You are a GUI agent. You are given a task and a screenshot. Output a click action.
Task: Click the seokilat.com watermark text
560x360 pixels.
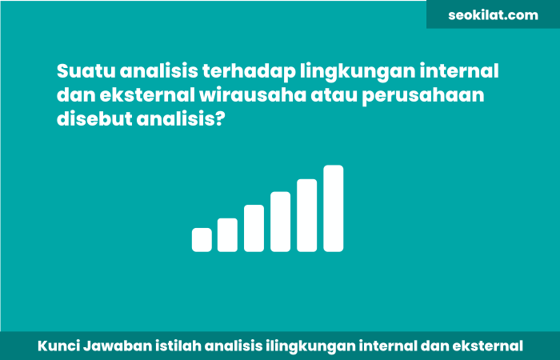pyautogui.click(x=494, y=14)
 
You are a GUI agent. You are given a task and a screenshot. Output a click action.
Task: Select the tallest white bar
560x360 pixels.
pyautogui.click(x=334, y=208)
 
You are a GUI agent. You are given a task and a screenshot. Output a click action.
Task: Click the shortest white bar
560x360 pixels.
pyautogui.click(x=202, y=240)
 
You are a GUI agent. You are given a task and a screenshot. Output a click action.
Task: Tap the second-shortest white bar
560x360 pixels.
pyautogui.click(x=227, y=234)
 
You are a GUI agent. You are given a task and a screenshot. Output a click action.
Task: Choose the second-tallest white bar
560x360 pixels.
pyautogui.click(x=307, y=215)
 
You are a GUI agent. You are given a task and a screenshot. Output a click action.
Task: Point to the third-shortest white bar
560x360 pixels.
pyautogui.click(x=254, y=228)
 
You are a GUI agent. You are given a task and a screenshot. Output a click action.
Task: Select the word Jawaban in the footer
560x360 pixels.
pyautogui.click(x=114, y=346)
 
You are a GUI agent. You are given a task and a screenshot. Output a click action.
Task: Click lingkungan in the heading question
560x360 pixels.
pyautogui.click(x=349, y=71)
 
